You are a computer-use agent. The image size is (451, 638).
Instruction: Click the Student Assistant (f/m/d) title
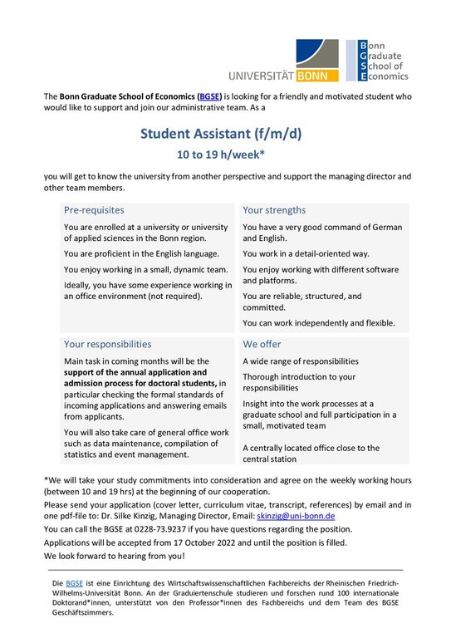pyautogui.click(x=225, y=134)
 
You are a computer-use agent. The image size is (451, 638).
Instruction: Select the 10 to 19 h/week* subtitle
pyautogui.click(x=225, y=155)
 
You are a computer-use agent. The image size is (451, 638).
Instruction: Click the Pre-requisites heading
pyautogui.click(x=94, y=210)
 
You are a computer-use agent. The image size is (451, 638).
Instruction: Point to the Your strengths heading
pyautogui.click(x=274, y=210)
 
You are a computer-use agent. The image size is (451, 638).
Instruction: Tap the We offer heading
pyautogui.click(x=262, y=343)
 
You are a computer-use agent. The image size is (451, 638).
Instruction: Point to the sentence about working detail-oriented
pyautogui.click(x=306, y=253)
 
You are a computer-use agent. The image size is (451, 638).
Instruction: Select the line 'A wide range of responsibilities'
pyautogui.click(x=301, y=361)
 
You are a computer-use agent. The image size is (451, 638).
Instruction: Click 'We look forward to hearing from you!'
pyautogui.click(x=115, y=556)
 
